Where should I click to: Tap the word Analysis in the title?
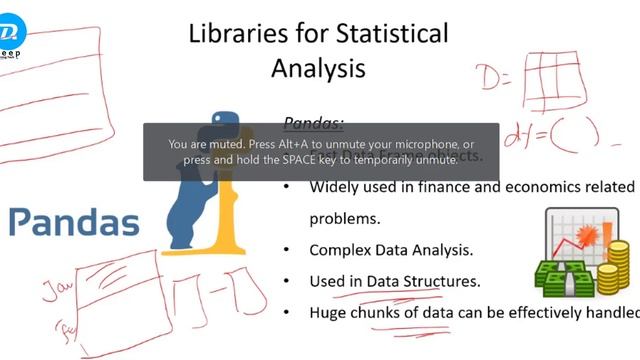point(318,68)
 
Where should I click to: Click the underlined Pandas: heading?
point(314,123)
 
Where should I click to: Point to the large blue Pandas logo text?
point(74,221)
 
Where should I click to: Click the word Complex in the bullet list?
point(343,250)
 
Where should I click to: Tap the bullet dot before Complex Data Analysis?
point(288,250)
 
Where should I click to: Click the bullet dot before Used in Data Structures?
point(288,281)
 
